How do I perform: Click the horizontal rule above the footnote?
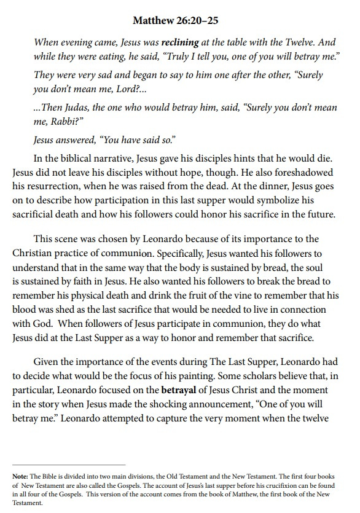pyautogui.click(x=69, y=465)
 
